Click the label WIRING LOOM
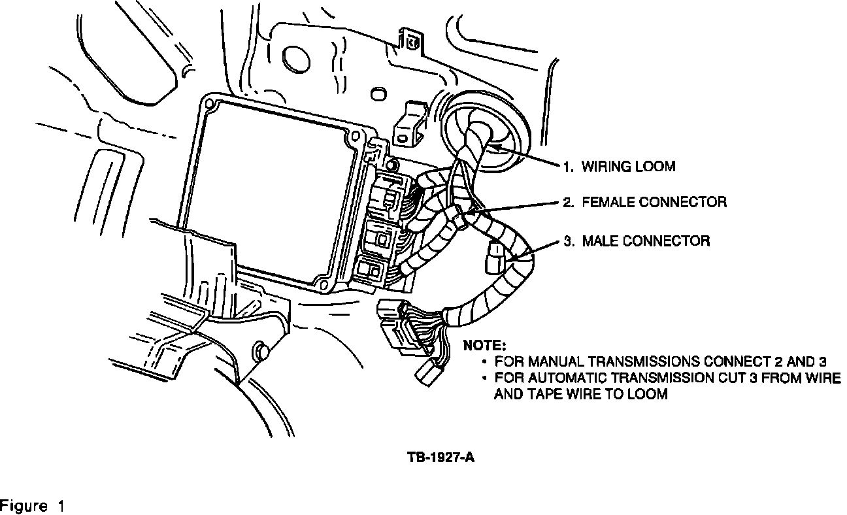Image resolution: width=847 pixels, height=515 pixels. [x=628, y=167]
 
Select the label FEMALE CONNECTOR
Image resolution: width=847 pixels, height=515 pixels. [x=653, y=202]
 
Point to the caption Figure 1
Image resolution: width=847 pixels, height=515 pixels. [x=33, y=507]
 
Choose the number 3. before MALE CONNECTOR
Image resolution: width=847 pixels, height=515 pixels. [x=569, y=241]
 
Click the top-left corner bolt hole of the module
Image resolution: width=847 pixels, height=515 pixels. [x=210, y=103]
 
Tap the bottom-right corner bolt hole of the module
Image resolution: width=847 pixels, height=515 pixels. [x=322, y=284]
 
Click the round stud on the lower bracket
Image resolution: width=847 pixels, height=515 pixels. [x=260, y=350]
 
